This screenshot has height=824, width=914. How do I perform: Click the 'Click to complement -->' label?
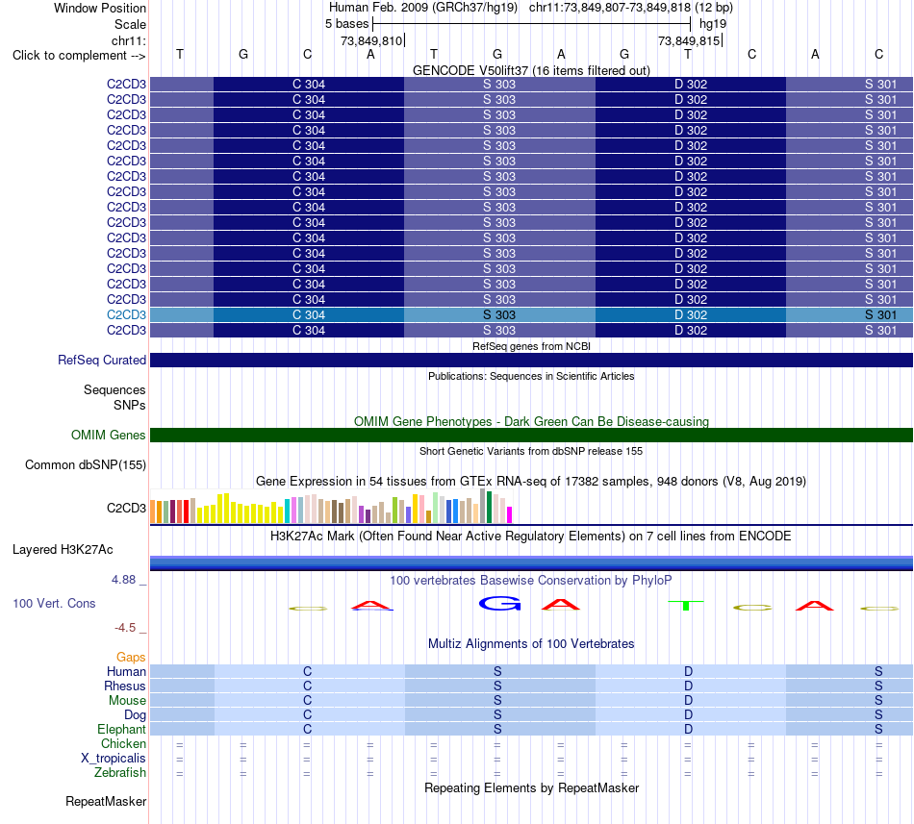coord(79,56)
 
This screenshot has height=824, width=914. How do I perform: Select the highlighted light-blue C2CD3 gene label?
coord(126,314)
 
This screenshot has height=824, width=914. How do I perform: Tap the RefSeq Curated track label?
coord(101,360)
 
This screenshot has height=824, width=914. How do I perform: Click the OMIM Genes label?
coord(108,435)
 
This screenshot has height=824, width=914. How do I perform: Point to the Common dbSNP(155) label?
coord(85,464)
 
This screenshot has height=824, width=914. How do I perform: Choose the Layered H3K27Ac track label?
coord(63,549)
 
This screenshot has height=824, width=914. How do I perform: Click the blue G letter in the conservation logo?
coord(499,604)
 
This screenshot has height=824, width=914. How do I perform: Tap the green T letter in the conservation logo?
coord(686,605)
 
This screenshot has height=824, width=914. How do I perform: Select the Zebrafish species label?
coord(120,772)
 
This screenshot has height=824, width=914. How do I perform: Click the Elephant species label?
coord(121,729)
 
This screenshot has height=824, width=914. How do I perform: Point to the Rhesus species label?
coord(125,686)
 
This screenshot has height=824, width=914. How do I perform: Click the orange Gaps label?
coord(131,657)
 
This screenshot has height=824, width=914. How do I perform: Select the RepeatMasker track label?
coord(106,801)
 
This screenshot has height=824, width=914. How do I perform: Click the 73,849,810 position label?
coord(371,40)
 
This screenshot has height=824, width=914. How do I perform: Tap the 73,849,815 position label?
coord(689,40)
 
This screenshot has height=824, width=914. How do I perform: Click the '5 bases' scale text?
coord(346,24)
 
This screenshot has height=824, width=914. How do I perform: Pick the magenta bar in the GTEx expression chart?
coord(510,514)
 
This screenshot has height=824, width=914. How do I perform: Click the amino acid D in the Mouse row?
coord(689,700)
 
